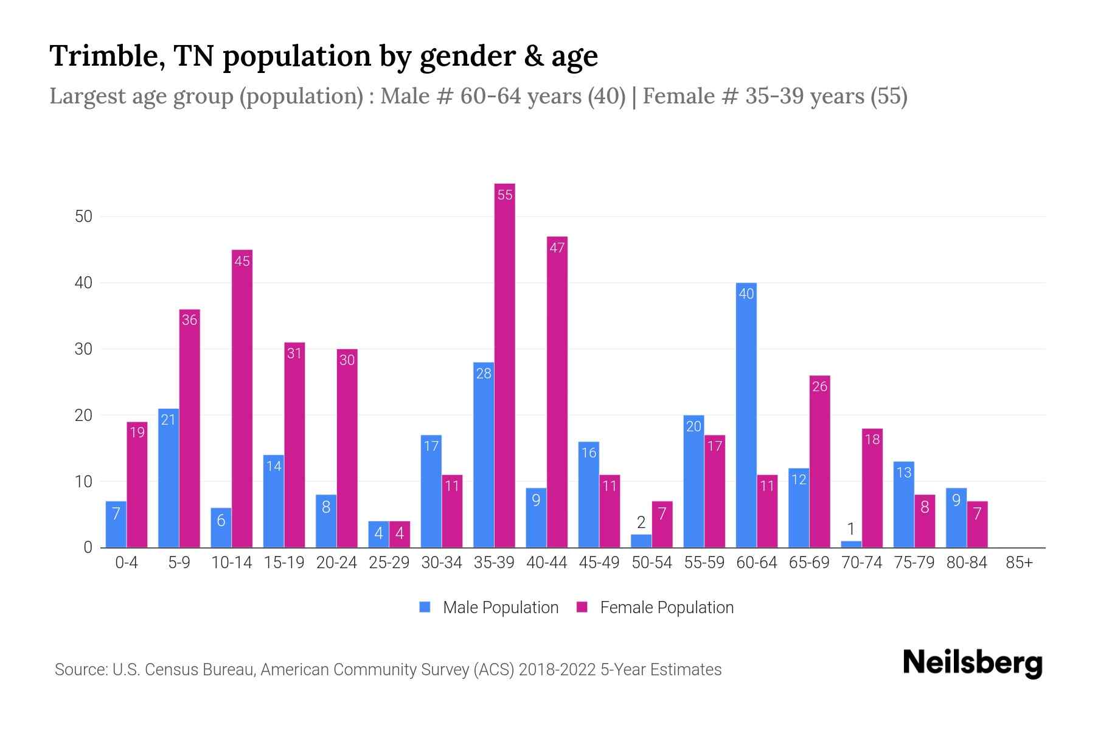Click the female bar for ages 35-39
coord(504,365)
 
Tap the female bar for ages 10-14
coord(242,398)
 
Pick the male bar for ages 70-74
coord(851,544)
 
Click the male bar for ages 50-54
coord(641,541)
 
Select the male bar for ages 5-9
coord(169,478)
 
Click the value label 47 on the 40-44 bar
coord(557,248)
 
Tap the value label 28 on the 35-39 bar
coord(484,374)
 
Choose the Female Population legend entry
coord(655,607)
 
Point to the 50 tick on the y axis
coord(83,217)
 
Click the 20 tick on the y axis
coord(83,415)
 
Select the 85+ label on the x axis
coord(1019,563)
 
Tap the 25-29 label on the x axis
coord(389,563)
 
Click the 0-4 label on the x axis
coord(127,563)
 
